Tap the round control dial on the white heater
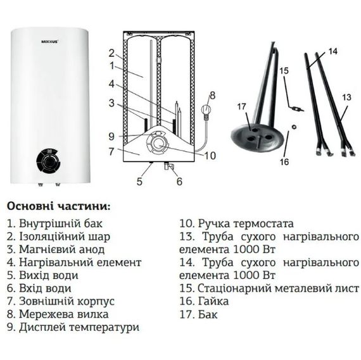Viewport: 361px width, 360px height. (x=46, y=160)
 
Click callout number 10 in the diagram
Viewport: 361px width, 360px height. (x=211, y=156)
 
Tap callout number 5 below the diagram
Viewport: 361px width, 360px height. (x=139, y=182)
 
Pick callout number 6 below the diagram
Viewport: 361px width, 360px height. (x=179, y=182)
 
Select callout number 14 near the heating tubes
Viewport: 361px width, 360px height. (x=334, y=51)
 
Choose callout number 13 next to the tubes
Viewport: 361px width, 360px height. (x=346, y=97)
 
